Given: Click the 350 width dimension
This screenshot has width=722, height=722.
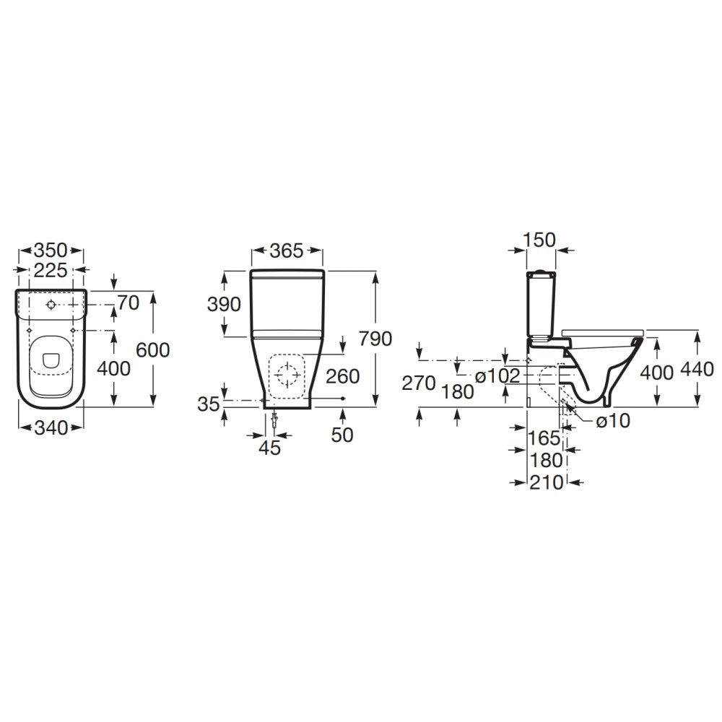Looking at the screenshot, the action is (51, 251).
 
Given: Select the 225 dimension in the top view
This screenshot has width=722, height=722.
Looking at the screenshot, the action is (51, 270).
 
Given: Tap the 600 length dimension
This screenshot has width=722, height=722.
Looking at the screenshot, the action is (153, 350).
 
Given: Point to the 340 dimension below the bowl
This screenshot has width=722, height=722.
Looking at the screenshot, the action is (51, 427).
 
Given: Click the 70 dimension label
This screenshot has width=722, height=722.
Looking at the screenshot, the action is (128, 303).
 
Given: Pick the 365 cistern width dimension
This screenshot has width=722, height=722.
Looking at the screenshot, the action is (287, 251).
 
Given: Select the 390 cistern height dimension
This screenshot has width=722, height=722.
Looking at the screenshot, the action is (224, 304).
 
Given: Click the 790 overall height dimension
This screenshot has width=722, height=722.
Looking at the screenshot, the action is (375, 339).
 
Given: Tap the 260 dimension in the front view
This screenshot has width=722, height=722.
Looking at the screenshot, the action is (342, 376).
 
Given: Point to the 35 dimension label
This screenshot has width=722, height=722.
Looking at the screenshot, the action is (209, 404).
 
